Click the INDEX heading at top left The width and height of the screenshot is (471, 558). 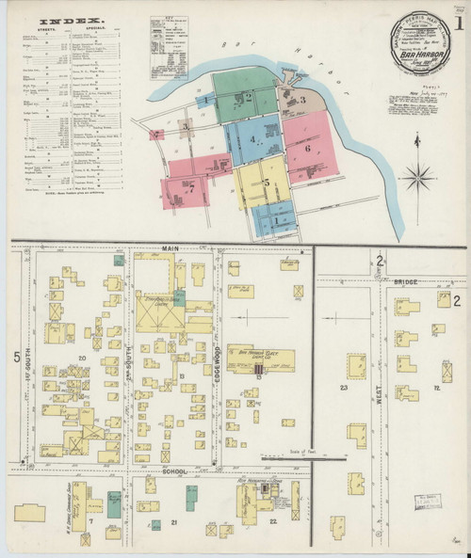(58, 19)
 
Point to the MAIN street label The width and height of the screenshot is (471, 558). (170, 247)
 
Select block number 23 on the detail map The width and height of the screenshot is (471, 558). (344, 387)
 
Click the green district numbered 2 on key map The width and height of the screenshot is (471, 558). (247, 96)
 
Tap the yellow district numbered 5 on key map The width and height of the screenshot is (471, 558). (267, 181)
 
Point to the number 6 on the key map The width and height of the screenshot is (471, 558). (307, 148)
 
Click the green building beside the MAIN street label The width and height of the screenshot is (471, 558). (119, 260)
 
